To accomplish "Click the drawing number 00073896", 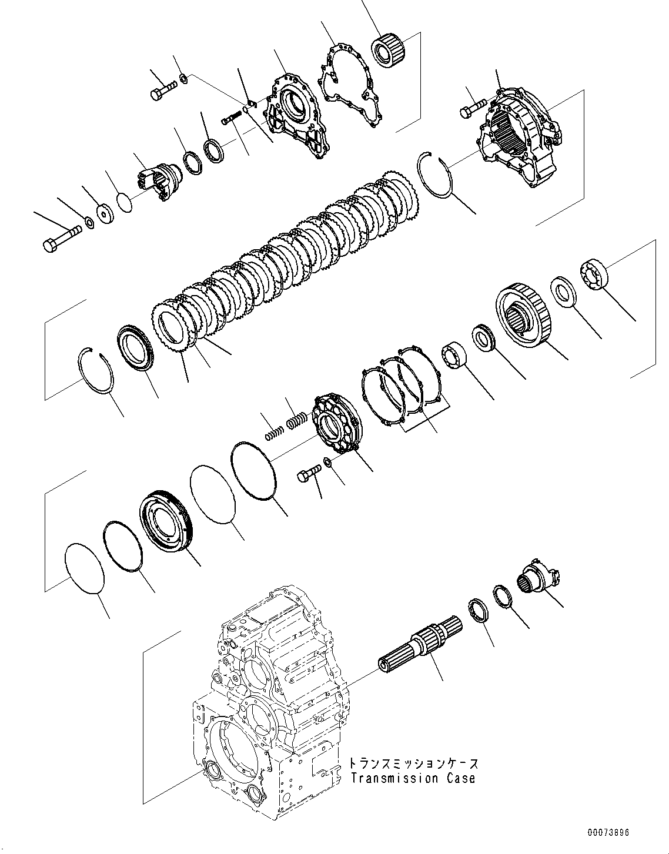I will (x=608, y=833).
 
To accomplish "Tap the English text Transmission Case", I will (x=413, y=779).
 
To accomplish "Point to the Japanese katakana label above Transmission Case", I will (x=413, y=763).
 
